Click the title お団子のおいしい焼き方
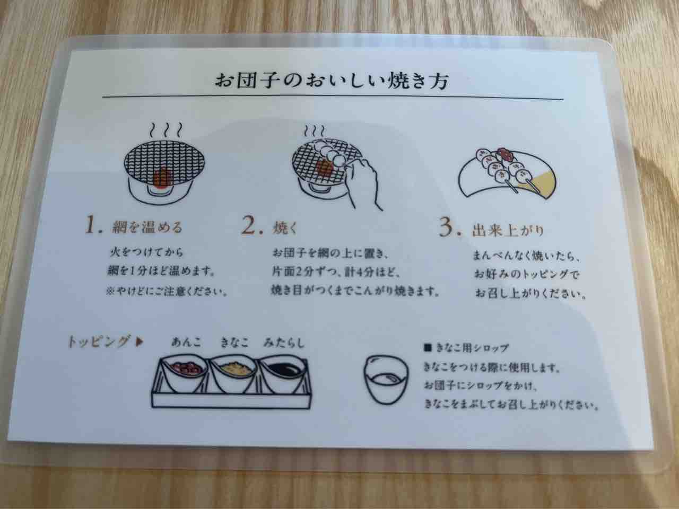click(332, 81)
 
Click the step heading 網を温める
click(147, 228)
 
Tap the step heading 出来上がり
click(508, 231)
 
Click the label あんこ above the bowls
click(186, 342)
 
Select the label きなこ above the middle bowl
click(234, 343)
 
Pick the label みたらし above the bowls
click(284, 343)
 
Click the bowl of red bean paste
click(185, 374)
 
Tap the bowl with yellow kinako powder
click(233, 374)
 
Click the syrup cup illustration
click(386, 380)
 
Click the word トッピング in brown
click(98, 341)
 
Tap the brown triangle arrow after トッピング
click(140, 342)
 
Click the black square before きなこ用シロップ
click(428, 348)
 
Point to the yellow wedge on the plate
click(543, 183)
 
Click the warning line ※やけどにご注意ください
click(167, 292)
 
